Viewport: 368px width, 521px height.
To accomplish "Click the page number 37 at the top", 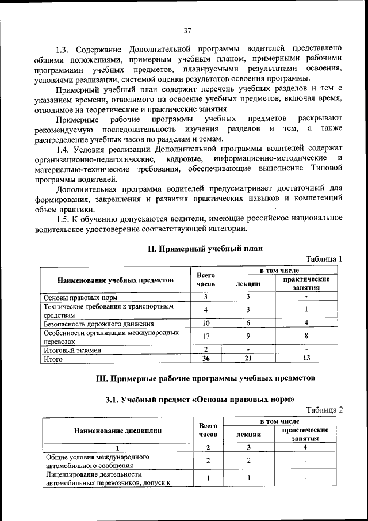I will click(x=187, y=31).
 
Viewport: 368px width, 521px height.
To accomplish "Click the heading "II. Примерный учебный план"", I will click(x=205, y=249).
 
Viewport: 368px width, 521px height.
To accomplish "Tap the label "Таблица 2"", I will click(x=324, y=409).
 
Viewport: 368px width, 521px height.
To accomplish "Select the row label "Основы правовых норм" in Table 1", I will click(x=81, y=297).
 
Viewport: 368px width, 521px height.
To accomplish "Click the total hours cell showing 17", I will click(x=205, y=336).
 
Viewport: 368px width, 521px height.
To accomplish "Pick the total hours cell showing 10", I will click(x=205, y=323).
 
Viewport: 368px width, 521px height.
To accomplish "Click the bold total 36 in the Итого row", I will click(x=205, y=359).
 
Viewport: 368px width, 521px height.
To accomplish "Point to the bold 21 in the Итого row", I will click(x=248, y=359).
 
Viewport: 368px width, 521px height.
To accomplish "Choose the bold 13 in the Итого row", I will click(x=306, y=359).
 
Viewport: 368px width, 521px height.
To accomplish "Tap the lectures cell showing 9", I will click(x=248, y=336).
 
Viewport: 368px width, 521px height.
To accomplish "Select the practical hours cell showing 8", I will click(x=306, y=336).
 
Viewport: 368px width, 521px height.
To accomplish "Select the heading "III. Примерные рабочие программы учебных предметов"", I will click(x=205, y=378).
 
